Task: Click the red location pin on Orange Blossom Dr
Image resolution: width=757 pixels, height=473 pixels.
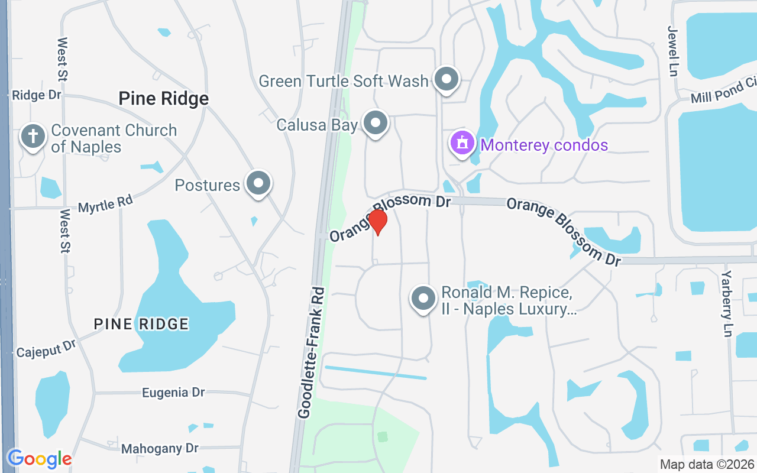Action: (377, 221)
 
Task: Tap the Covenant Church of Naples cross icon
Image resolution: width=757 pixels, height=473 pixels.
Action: (33, 137)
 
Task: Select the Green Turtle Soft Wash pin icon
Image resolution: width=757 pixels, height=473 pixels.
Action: (447, 79)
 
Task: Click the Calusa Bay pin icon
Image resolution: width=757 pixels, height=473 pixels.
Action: (375, 124)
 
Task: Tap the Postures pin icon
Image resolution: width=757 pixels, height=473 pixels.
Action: (258, 183)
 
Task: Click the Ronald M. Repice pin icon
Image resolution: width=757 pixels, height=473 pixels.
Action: (423, 299)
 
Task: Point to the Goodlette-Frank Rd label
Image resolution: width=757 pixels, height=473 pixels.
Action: (312, 353)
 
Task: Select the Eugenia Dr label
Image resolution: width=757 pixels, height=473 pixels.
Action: (173, 393)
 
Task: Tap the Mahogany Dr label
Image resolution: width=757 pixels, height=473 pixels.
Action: (160, 449)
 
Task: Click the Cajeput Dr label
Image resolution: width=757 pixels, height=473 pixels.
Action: (47, 349)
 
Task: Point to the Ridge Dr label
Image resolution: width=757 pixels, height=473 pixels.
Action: (37, 95)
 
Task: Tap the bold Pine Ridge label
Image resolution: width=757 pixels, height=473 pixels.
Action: (164, 98)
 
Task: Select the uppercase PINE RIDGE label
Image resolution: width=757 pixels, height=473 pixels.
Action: (141, 323)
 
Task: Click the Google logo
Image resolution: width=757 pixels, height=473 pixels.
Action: (40, 458)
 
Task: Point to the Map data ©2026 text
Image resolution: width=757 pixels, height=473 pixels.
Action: (707, 464)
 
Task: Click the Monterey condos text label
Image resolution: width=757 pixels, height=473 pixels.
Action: (544, 145)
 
